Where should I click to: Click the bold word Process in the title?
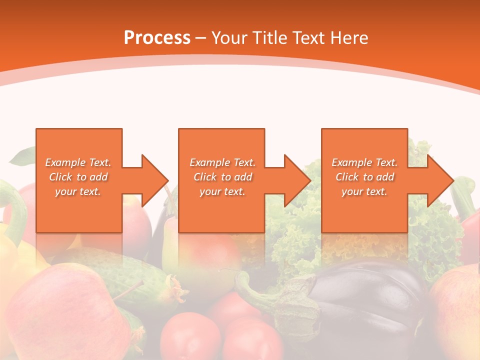(x=157, y=38)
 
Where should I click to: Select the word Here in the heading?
(x=349, y=38)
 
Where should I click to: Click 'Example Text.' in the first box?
(x=78, y=162)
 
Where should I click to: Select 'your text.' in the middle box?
(x=222, y=191)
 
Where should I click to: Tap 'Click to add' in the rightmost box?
(x=365, y=177)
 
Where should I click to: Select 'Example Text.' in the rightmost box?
(x=364, y=162)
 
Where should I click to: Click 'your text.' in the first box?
(x=78, y=191)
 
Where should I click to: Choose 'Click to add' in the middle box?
(x=222, y=177)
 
